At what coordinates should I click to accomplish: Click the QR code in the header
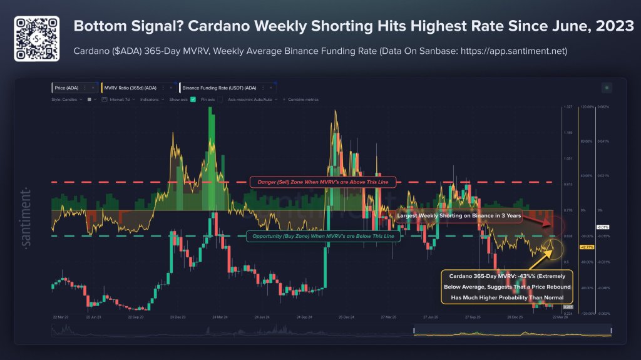point(36,39)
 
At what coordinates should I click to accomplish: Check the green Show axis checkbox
point(193,99)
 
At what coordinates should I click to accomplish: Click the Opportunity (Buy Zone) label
point(323,236)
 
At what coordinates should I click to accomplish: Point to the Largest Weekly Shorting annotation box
point(455,215)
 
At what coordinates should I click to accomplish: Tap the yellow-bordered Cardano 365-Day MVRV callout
point(502,287)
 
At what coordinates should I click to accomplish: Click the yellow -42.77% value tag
point(587,247)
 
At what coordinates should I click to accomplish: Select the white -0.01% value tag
point(603,227)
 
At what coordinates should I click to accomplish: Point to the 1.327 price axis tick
point(568,107)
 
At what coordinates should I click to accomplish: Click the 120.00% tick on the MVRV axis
point(586,107)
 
